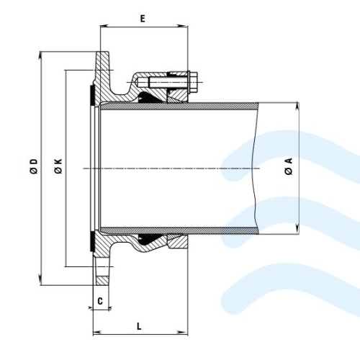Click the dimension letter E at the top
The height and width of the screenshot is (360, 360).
tap(143, 19)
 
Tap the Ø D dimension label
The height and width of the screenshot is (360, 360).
tap(34, 166)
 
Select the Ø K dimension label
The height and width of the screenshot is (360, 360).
tap(58, 166)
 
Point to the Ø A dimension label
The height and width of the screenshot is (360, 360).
tap(289, 166)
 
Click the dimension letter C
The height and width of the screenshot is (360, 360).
tap(100, 301)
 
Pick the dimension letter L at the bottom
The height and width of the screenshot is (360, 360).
tap(139, 326)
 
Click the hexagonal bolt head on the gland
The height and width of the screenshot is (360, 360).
tap(194, 82)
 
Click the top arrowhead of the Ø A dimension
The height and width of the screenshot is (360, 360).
tap(297, 107)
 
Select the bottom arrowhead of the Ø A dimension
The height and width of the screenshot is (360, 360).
tap(297, 230)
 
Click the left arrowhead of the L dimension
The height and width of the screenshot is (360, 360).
tap(97, 333)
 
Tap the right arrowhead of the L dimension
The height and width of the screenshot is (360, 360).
tap(183, 333)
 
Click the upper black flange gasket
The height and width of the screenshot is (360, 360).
tap(91, 95)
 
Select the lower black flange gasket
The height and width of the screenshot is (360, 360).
tap(91, 242)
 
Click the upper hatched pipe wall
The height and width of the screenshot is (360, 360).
tap(179, 106)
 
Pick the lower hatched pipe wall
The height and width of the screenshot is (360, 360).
tap(179, 230)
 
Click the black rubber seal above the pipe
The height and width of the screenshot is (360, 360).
tap(149, 97)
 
